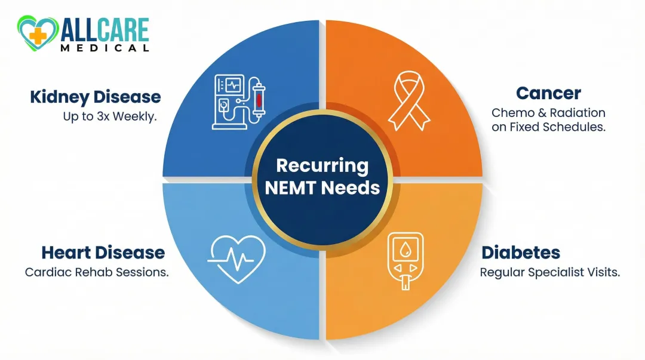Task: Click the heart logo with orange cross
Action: (x=37, y=34)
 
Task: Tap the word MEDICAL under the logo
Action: (x=104, y=48)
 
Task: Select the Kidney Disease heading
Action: (x=96, y=97)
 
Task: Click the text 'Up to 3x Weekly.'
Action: (x=110, y=116)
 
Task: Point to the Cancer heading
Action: (x=548, y=93)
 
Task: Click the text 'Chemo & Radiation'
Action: (x=548, y=112)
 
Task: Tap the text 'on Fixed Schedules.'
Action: (x=548, y=127)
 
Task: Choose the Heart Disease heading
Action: (x=103, y=253)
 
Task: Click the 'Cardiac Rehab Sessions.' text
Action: (x=97, y=272)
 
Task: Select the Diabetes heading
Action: (x=521, y=253)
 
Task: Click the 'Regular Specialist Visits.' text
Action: (x=550, y=272)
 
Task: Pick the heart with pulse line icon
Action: (x=236, y=257)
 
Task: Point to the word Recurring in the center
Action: (x=322, y=165)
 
